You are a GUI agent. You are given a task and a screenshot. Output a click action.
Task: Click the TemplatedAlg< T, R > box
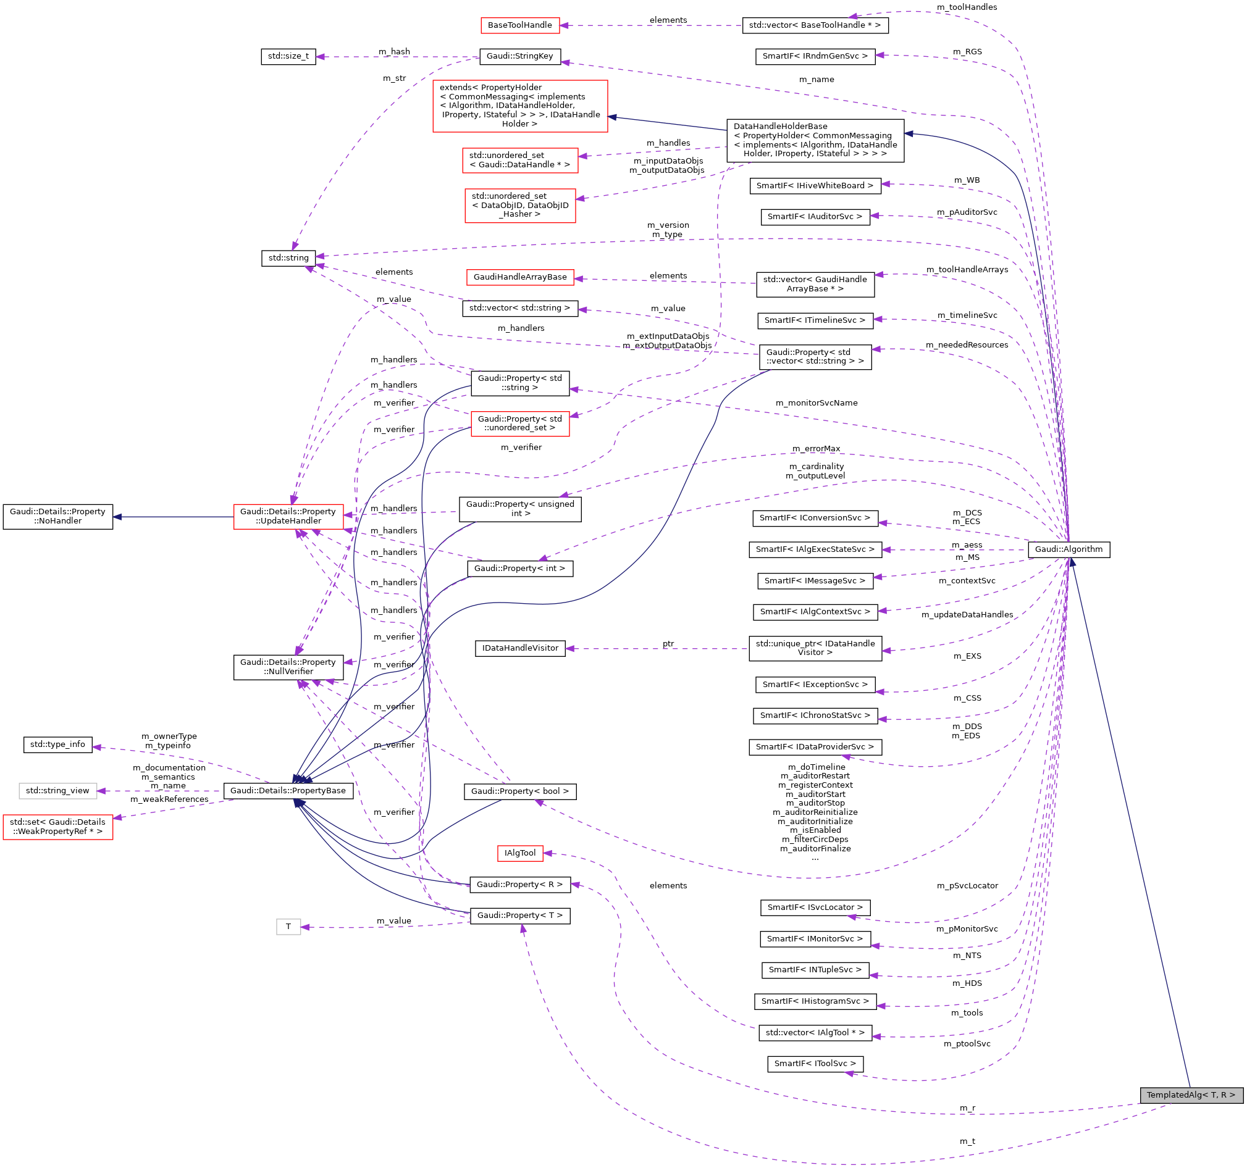point(1190,1095)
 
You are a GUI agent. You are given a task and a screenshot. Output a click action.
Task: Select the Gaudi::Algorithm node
point(1069,549)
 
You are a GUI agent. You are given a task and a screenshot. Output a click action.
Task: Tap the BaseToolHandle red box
point(519,25)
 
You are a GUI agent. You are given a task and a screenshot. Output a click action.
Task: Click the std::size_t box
point(288,56)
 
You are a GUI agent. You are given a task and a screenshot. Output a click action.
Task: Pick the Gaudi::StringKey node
point(519,56)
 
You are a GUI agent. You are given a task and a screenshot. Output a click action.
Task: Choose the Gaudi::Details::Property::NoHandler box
point(57,517)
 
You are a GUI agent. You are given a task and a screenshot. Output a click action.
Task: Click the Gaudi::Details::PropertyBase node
point(288,791)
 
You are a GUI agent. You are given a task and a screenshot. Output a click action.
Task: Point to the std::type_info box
point(57,744)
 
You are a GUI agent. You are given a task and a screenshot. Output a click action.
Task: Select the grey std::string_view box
point(57,791)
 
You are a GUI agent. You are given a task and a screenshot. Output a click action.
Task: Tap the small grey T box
point(288,927)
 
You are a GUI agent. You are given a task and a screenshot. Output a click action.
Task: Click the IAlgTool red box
point(519,853)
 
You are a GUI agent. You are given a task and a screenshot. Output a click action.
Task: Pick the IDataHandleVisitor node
point(519,648)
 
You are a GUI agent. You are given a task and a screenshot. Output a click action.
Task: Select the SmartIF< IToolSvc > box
point(815,1063)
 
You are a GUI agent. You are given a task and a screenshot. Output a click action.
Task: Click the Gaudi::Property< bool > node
point(519,791)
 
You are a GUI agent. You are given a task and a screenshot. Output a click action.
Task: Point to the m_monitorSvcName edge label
point(816,403)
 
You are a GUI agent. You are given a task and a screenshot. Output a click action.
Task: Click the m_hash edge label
point(394,51)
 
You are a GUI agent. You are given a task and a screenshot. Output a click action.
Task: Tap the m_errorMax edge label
point(815,449)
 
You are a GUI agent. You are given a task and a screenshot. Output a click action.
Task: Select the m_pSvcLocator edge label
point(967,886)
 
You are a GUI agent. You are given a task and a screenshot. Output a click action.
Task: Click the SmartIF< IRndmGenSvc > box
point(815,56)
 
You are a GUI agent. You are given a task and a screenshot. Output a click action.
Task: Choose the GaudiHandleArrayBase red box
point(519,277)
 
